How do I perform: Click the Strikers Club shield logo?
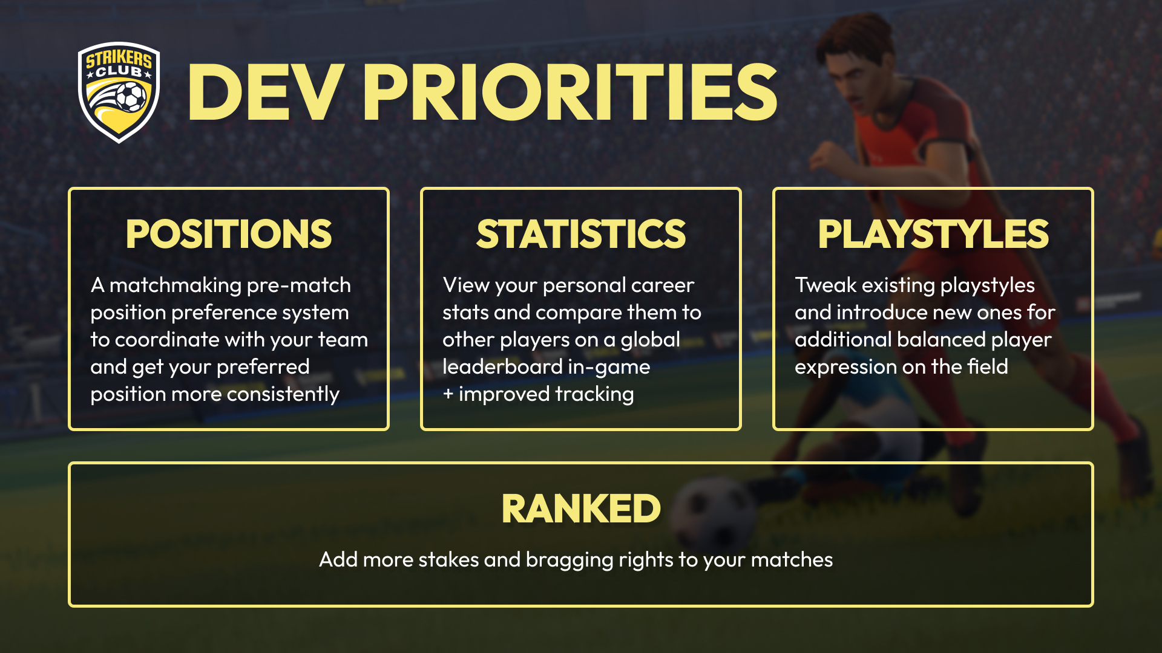click(119, 92)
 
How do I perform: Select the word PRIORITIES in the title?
click(570, 93)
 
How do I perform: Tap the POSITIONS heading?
click(229, 234)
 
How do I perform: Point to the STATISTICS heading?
click(581, 234)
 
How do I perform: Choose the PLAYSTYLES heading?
click(933, 234)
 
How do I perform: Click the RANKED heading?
click(581, 508)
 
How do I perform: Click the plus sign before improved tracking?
click(448, 394)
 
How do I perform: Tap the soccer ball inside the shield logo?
click(131, 96)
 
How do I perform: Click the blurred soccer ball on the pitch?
click(714, 514)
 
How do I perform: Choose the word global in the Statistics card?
click(651, 340)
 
